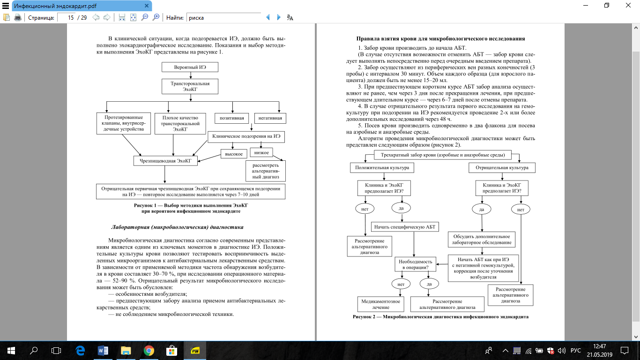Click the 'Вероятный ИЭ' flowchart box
(x=190, y=67)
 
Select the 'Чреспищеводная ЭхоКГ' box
(x=165, y=161)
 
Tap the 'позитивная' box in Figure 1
(x=232, y=117)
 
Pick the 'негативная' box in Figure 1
(x=270, y=117)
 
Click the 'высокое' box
(x=234, y=154)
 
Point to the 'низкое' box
(x=262, y=152)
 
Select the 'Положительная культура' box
(x=380, y=167)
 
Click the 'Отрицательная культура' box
(x=502, y=167)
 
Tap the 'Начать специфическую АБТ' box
(x=405, y=227)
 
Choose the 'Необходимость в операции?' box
(x=416, y=264)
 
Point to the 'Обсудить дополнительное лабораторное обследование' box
(x=482, y=240)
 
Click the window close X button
(x=629, y=6)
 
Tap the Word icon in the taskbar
(x=103, y=350)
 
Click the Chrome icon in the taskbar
(x=149, y=350)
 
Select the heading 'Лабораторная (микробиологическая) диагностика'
(x=177, y=227)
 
